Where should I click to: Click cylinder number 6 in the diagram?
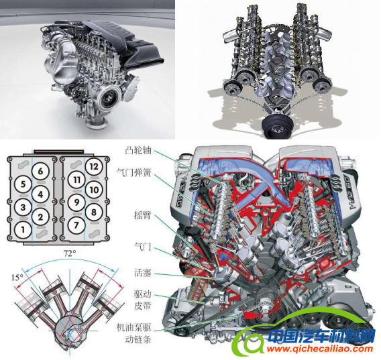coord(40,171)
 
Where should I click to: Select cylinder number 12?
coord(94,166)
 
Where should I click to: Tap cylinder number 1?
coord(23,229)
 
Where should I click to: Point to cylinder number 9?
coord(76,202)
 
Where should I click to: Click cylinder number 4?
coord(40,194)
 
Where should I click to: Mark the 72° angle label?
coord(70,253)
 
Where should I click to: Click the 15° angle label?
coord(17,277)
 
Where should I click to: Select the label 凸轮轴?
coord(138,150)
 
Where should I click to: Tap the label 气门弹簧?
coord(134,172)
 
